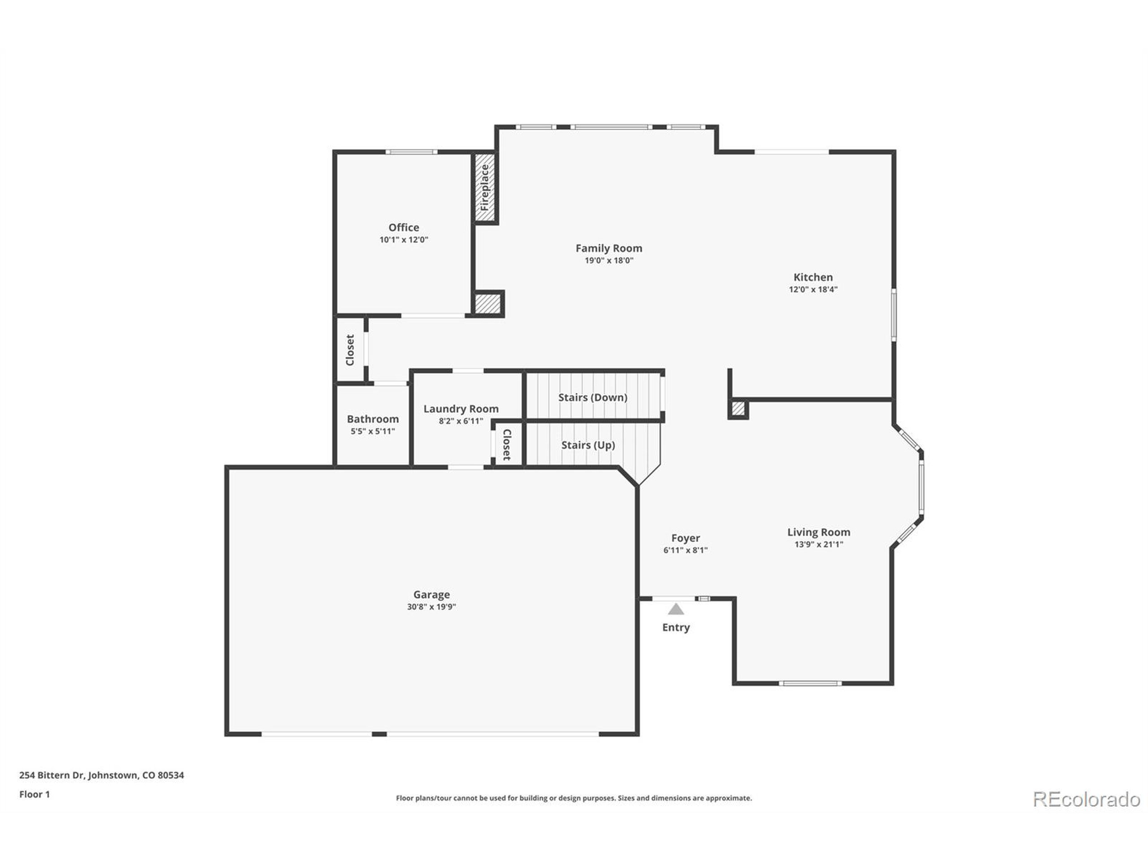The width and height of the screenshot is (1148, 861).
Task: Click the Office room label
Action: coord(403,227)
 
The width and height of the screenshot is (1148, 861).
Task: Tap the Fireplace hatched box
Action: coord(485,187)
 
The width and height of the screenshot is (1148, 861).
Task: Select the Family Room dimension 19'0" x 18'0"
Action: coord(609,261)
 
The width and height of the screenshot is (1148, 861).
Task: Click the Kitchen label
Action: coord(813,277)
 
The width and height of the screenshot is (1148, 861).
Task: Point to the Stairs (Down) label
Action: coord(592,398)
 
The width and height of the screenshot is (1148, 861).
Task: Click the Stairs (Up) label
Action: coord(587,445)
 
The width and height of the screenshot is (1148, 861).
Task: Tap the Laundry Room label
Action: coord(461,409)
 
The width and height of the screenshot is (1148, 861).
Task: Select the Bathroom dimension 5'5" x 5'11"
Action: coord(373,431)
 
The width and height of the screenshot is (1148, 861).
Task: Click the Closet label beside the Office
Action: coord(350,349)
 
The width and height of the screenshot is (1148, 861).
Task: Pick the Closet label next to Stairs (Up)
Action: coord(507,444)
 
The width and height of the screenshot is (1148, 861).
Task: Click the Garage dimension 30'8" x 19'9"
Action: coord(431,607)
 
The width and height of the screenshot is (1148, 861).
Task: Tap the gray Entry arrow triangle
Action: coord(676,609)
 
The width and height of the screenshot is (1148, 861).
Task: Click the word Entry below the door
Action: coord(676,627)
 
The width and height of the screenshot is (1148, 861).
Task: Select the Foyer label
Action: coord(685,538)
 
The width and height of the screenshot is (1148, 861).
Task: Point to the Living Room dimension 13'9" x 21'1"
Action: coord(818,544)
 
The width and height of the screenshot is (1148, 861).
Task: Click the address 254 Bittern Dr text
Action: coord(101,775)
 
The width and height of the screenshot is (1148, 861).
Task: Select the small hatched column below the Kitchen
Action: coord(738,409)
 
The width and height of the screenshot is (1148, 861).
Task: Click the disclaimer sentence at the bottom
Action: coord(574,798)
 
